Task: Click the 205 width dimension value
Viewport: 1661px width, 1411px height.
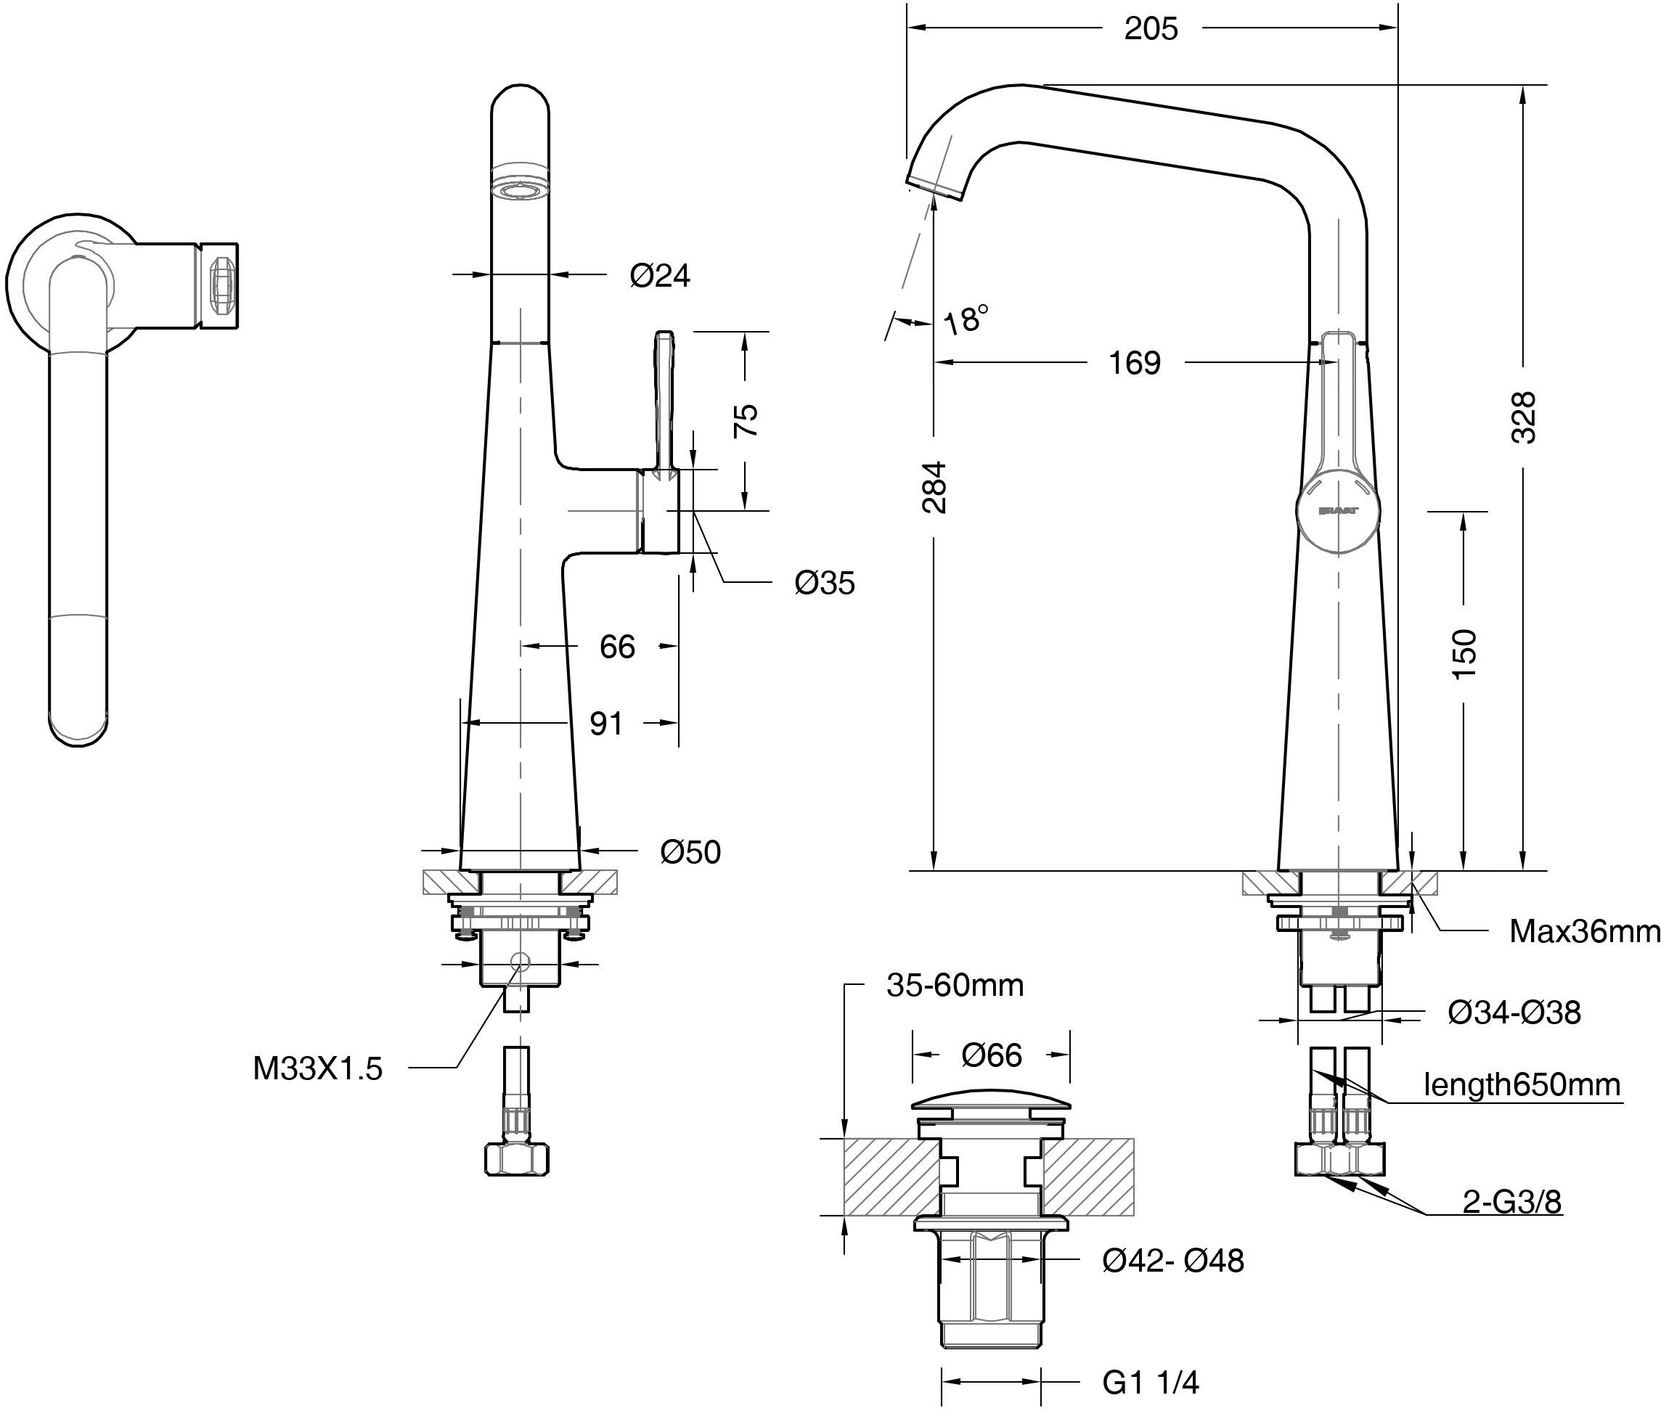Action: point(1151,29)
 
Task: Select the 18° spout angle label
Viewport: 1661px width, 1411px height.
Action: point(966,319)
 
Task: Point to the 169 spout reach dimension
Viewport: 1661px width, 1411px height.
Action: point(1135,363)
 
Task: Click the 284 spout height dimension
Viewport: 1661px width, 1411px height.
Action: point(934,486)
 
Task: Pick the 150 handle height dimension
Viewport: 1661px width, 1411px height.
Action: point(1464,654)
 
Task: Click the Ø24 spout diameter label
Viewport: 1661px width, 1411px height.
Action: point(660,275)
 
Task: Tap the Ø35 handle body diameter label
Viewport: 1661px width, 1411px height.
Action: point(825,583)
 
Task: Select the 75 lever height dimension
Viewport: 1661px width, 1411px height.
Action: point(745,419)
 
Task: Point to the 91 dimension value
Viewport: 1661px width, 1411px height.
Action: point(605,723)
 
